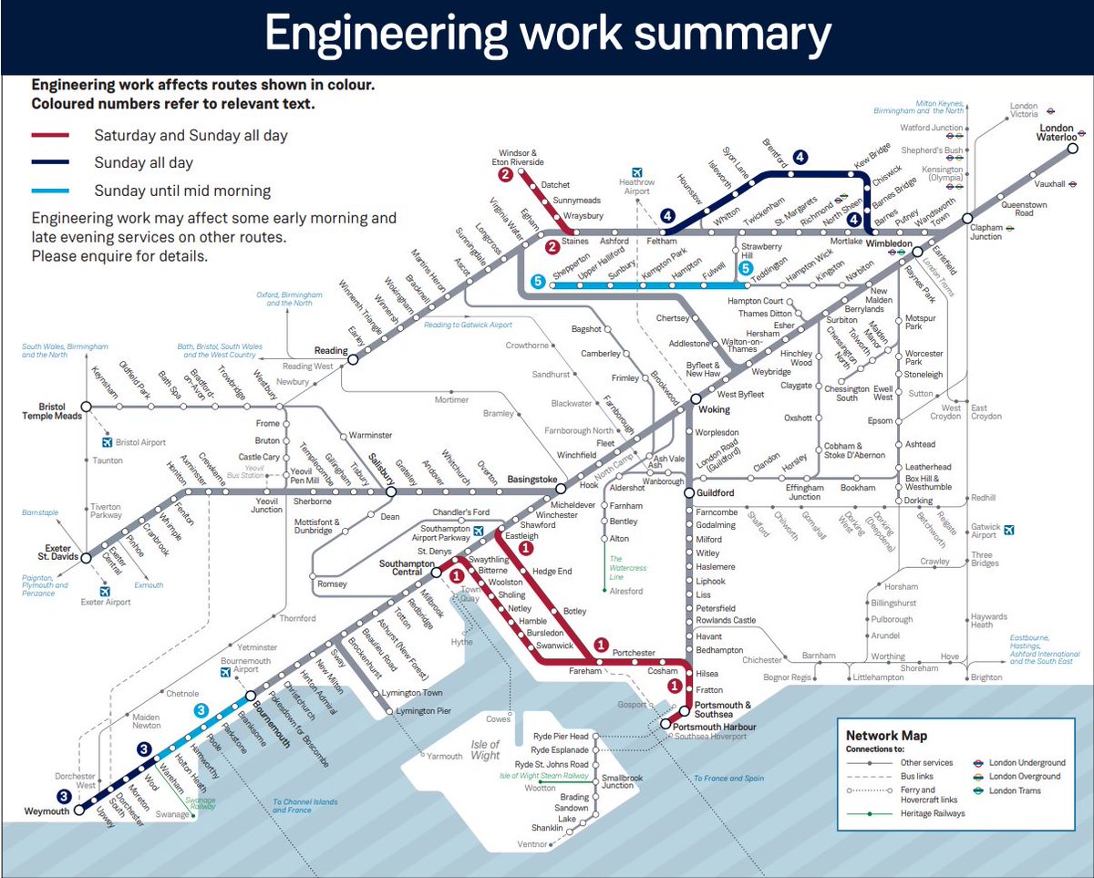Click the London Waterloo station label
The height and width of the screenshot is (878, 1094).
1057,132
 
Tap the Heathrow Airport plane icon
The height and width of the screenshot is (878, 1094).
637,172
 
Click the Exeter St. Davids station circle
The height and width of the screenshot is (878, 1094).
85,559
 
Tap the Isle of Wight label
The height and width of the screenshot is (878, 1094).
485,749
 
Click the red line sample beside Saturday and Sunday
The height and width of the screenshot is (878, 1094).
50,136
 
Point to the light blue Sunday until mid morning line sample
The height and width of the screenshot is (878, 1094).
50,191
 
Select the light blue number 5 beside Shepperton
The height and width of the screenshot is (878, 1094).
539,283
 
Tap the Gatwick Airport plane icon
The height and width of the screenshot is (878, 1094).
1008,529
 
